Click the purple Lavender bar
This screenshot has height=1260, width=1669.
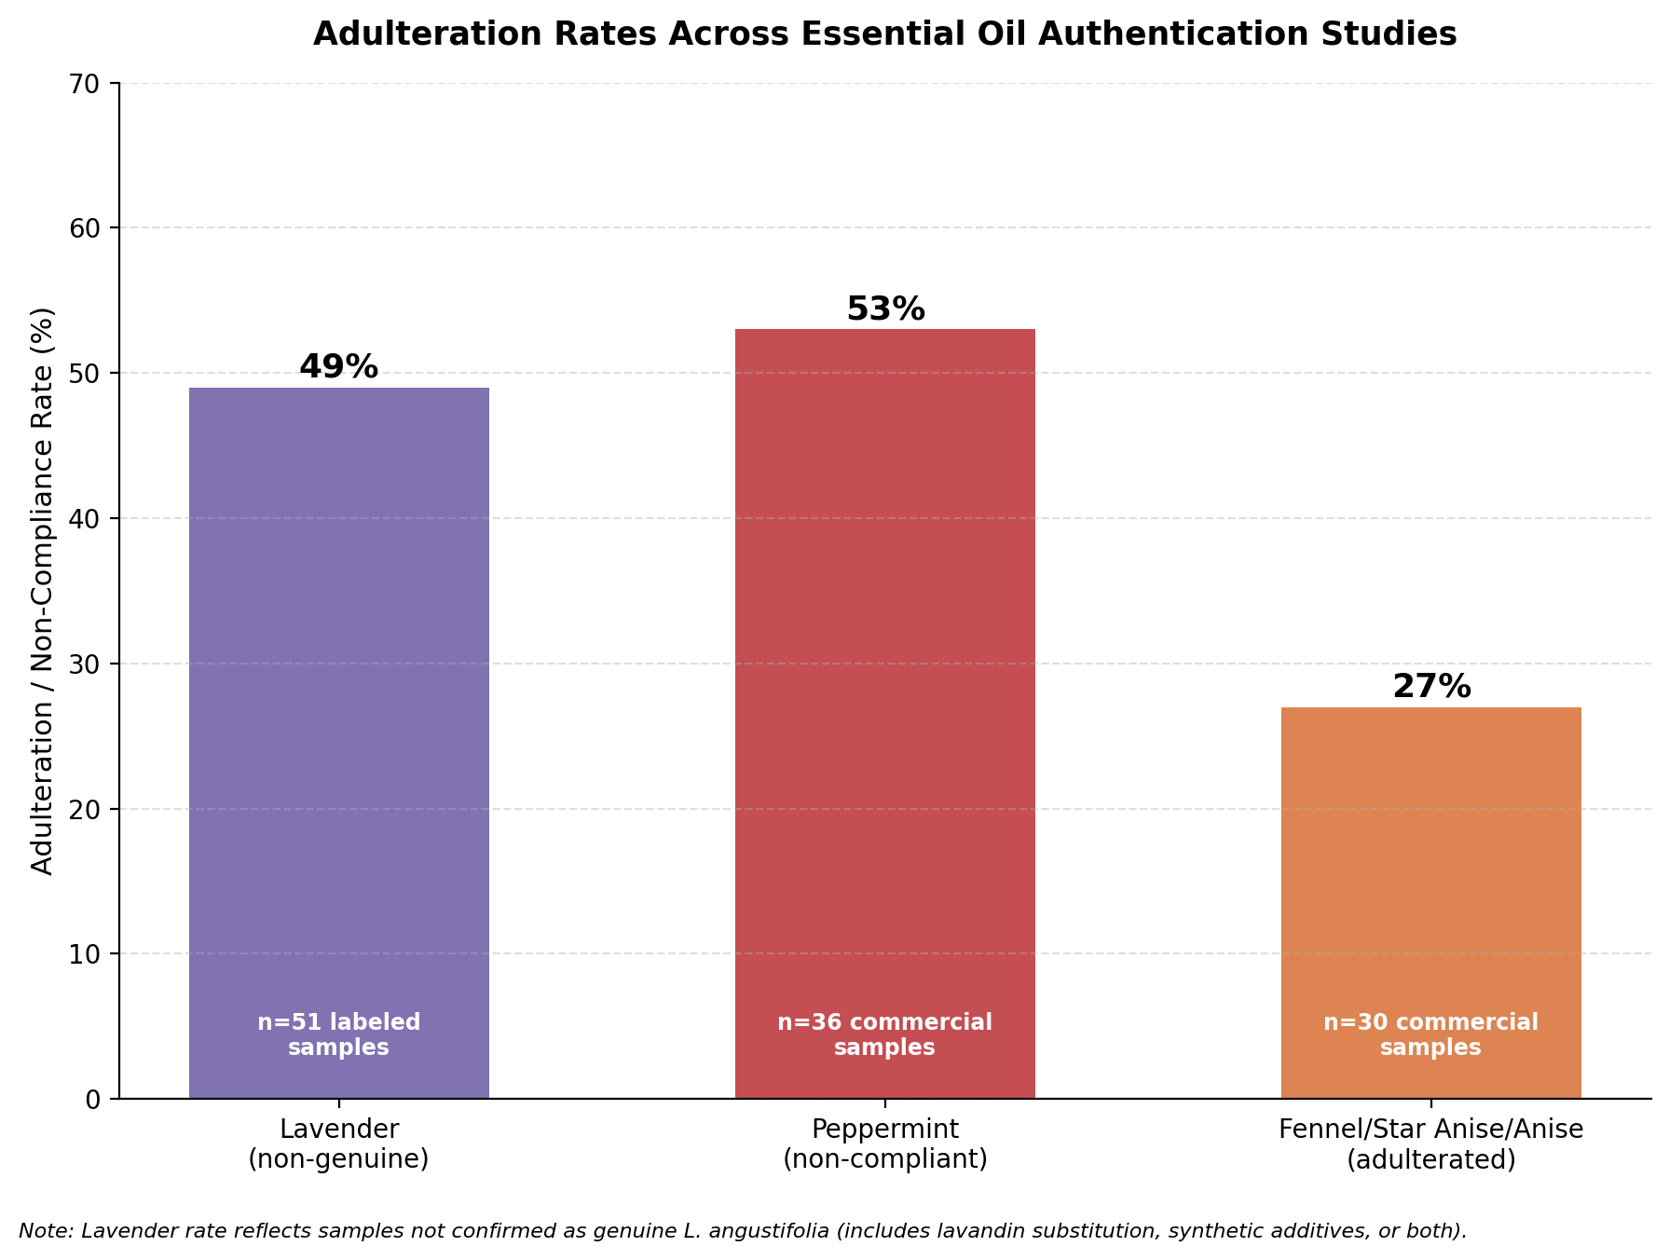[x=339, y=743]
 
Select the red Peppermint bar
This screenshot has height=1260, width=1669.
[x=885, y=714]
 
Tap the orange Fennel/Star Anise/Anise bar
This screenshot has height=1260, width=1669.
[x=1431, y=903]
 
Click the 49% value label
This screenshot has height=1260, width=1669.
[x=339, y=367]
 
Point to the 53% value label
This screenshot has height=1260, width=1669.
[x=885, y=309]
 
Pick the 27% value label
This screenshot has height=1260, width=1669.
[x=1431, y=687]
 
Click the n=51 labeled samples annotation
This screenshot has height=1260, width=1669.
[x=339, y=1034]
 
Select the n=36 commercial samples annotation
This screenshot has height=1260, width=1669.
[x=885, y=1034]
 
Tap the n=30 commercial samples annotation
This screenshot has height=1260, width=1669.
[x=1431, y=1034]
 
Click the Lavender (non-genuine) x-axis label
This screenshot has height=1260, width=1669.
[x=339, y=1144]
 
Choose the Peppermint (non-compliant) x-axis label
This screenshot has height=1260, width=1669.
[x=885, y=1144]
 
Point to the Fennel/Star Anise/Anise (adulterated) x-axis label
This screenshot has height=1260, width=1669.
[x=1431, y=1144]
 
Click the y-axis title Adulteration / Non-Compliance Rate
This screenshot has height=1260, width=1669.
[x=43, y=591]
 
